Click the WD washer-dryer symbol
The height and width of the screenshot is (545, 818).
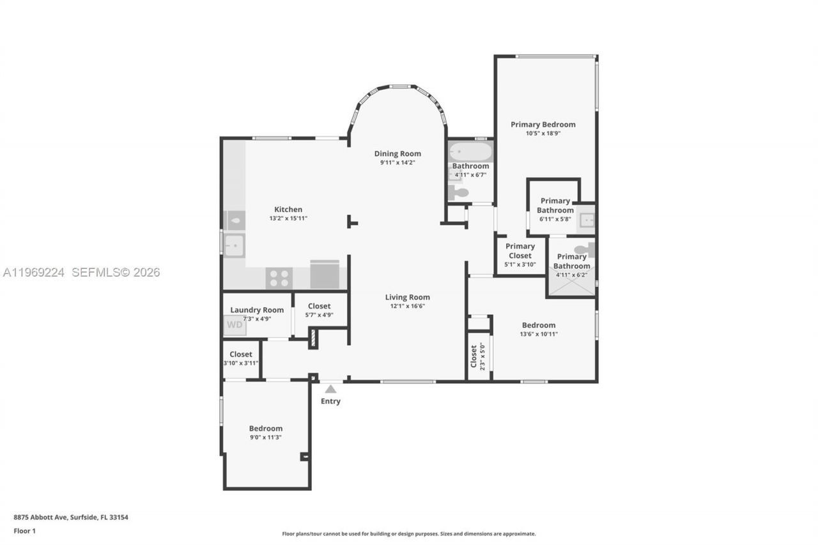(x=235, y=325)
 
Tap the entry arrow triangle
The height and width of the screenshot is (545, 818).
(x=330, y=388)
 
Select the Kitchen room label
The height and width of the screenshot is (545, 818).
(x=288, y=210)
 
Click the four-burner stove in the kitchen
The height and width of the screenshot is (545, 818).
(x=279, y=278)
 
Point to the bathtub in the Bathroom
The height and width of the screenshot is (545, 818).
(x=471, y=152)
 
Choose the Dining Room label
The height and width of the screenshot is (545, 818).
(x=397, y=153)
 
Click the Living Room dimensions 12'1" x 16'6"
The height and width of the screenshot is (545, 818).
(x=407, y=306)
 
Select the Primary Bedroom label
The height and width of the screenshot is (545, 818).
(x=543, y=125)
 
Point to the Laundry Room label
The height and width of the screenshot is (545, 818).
(x=257, y=310)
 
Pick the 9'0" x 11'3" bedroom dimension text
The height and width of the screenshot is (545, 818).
(x=265, y=438)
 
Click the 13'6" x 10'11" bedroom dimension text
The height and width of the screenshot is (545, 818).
(x=538, y=334)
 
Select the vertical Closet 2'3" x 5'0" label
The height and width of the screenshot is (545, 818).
(x=478, y=357)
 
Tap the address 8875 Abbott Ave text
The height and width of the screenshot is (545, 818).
(x=71, y=518)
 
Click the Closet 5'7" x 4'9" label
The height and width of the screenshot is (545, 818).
(x=319, y=306)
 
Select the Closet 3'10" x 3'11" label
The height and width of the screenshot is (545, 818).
(x=241, y=354)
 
